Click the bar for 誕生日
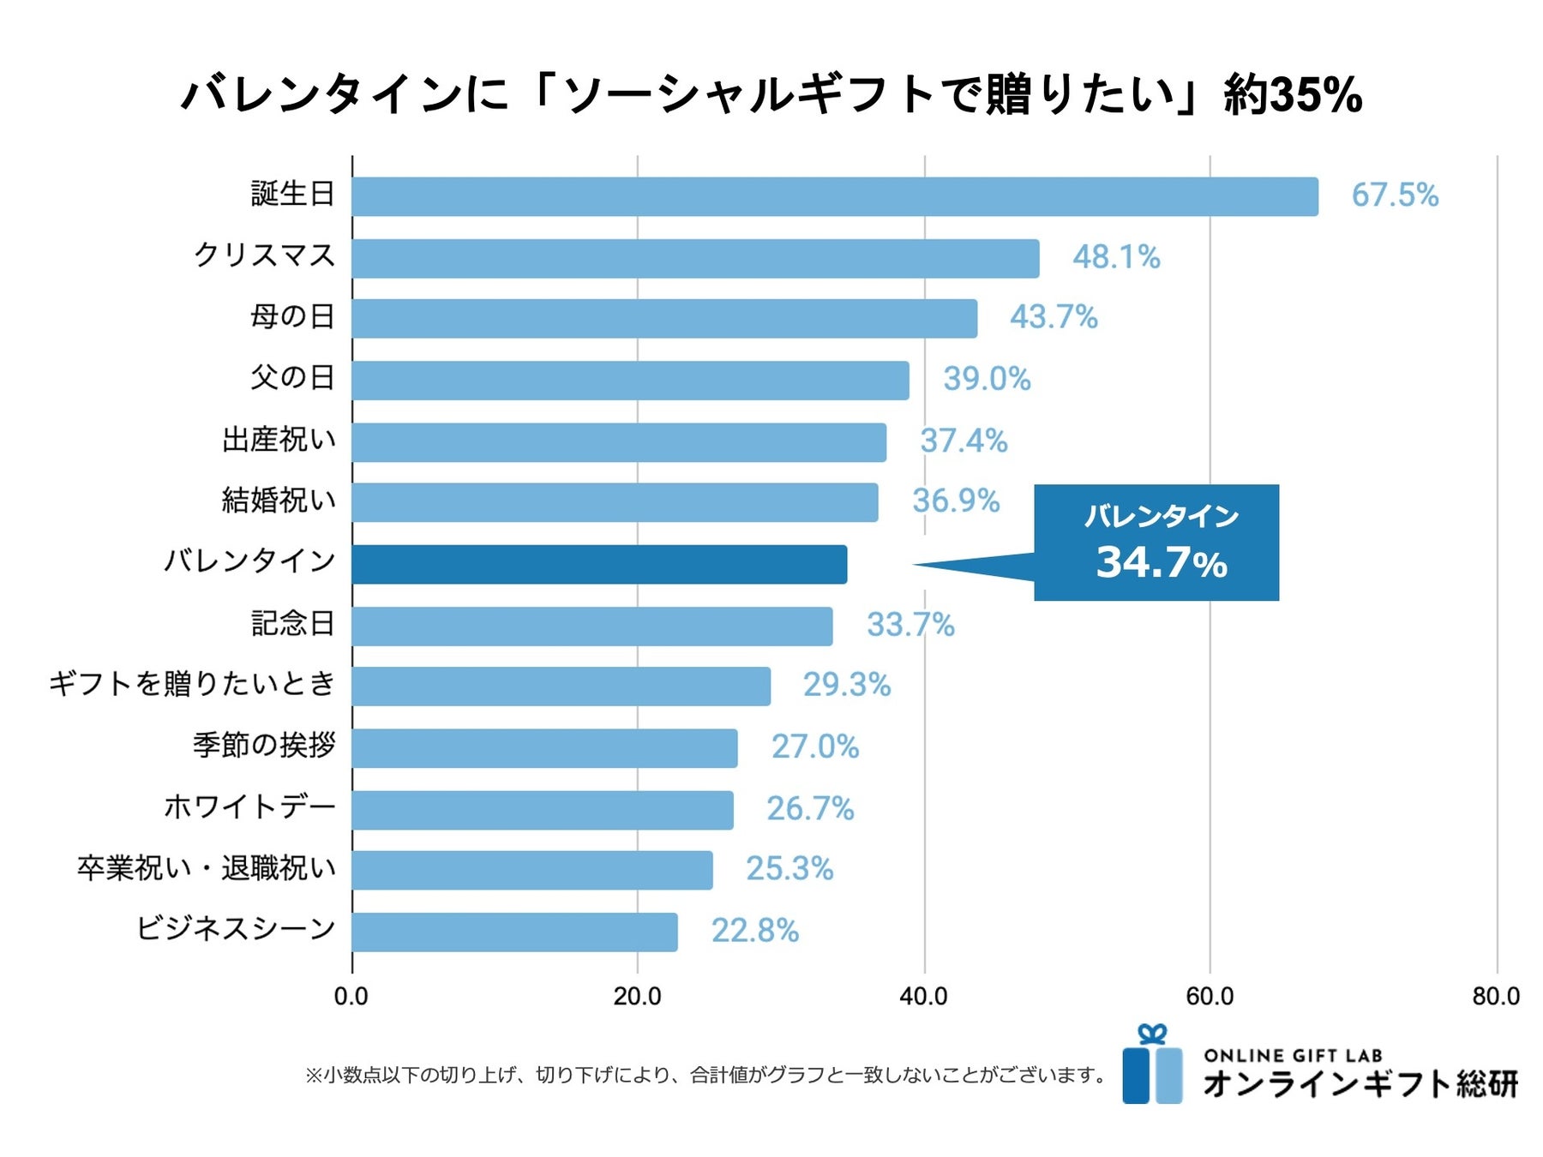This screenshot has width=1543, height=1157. (834, 196)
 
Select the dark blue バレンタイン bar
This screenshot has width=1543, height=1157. (599, 564)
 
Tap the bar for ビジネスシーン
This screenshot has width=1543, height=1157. (514, 932)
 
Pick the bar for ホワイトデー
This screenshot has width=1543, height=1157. (543, 810)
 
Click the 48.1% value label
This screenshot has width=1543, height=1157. (1116, 257)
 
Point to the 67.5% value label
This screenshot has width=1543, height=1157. (1395, 195)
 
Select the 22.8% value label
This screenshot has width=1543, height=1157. (754, 931)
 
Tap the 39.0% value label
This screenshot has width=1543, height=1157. (987, 379)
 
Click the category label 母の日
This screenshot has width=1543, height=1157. (291, 317)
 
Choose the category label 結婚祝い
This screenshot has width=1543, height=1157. (279, 501)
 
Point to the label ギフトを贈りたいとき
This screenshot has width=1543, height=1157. (192, 684)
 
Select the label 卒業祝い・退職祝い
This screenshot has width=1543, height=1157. (207, 869)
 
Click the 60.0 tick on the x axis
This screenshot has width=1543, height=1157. (1210, 997)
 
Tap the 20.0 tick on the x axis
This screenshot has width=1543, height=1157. (637, 997)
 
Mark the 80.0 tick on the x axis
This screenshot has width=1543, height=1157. (1496, 997)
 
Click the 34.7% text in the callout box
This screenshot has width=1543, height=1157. (1162, 563)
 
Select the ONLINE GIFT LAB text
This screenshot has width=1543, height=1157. (1293, 1056)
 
